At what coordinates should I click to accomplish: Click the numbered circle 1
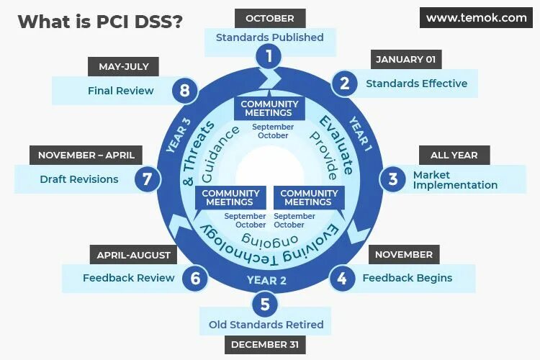pos(269,55)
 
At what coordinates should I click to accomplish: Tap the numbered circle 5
pos(265,303)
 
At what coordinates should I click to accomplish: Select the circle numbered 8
pos(185,91)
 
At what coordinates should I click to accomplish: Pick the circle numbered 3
pos(392,179)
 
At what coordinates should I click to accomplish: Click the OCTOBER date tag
pos(270,19)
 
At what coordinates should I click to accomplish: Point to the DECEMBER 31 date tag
pos(264,344)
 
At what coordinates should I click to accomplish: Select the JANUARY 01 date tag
pos(406,59)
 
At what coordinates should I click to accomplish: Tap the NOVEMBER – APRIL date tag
pos(86,155)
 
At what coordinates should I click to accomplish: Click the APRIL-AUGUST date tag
pos(134,254)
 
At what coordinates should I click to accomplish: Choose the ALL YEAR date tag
pos(454,155)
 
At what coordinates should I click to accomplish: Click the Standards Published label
pos(270,37)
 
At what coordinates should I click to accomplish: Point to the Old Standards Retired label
pos(266,325)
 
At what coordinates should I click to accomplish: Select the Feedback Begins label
pos(407,278)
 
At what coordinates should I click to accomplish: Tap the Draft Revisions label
pos(79,179)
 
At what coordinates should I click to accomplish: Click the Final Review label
pos(120,91)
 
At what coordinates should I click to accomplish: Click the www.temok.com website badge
pos(476,18)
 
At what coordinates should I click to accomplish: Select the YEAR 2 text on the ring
pos(267,280)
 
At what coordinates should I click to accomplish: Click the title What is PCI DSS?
pos(99,22)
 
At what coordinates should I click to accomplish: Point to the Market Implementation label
pos(455,180)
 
